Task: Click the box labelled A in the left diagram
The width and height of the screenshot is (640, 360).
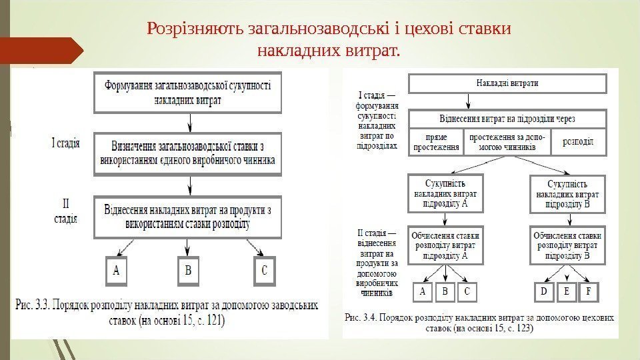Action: (117, 272)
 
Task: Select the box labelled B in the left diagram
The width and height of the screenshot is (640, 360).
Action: (188, 272)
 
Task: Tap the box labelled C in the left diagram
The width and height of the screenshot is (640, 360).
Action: (264, 272)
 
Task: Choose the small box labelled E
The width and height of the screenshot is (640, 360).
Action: (567, 292)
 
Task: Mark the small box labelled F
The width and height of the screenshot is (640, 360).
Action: (588, 292)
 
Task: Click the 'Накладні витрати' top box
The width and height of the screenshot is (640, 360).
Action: (507, 83)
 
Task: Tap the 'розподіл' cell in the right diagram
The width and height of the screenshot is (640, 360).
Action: (579, 142)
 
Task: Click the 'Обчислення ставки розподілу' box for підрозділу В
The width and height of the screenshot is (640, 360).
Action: (568, 245)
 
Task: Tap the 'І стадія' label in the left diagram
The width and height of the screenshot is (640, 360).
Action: (66, 142)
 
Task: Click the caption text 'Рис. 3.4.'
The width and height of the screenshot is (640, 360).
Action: (363, 318)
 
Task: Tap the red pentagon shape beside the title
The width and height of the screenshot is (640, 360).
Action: (41, 50)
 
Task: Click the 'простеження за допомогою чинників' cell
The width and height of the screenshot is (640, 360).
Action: (507, 142)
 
